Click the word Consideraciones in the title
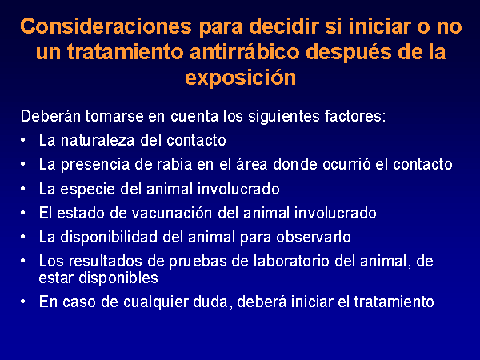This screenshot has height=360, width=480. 106,26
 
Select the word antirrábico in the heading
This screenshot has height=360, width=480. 244,51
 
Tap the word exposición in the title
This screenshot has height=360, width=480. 241,77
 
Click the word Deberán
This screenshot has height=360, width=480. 50,116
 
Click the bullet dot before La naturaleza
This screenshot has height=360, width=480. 23,141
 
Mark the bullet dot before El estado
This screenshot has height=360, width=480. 23,213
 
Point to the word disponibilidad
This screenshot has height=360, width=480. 109,237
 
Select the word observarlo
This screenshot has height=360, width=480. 313,237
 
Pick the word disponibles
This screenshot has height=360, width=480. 118,278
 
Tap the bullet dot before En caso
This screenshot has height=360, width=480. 23,302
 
